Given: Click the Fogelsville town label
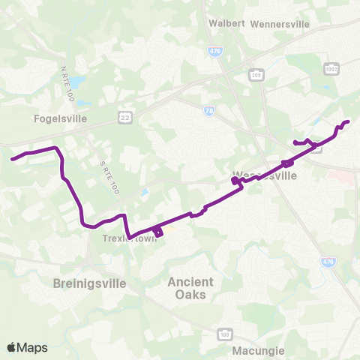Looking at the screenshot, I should [61, 118].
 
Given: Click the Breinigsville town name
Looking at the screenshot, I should [90, 284].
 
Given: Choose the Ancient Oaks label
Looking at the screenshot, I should [190, 288].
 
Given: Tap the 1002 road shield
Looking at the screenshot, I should [331, 69].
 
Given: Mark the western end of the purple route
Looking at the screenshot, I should [12, 158].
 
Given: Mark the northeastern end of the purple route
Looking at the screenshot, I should [348, 121].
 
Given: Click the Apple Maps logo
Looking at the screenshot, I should [27, 347].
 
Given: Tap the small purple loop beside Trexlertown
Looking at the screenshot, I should [157, 231].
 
